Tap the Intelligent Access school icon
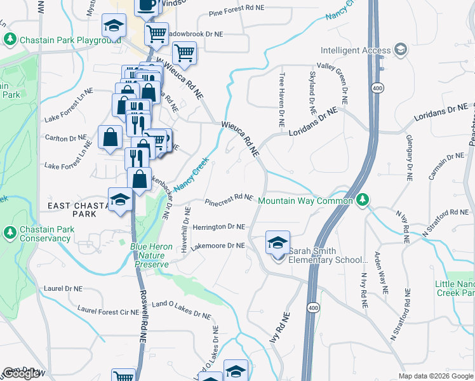[x=401, y=49]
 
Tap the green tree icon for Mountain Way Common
[x=363, y=200]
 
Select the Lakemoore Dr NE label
[x=218, y=245]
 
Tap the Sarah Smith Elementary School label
[x=328, y=255]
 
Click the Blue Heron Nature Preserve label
[x=150, y=255]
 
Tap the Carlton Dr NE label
[x=65, y=138]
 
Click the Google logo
[x=22, y=373]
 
